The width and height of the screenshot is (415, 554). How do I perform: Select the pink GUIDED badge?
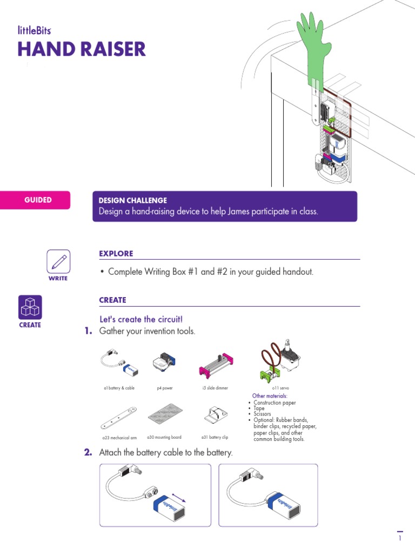pyautogui.click(x=38, y=200)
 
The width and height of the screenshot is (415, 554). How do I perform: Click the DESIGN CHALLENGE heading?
pyautogui.click(x=132, y=200)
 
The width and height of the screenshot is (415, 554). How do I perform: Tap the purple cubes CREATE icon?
pyautogui.click(x=30, y=308)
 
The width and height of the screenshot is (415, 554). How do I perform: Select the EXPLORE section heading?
pyautogui.click(x=116, y=254)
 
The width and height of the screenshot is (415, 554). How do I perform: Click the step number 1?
pyautogui.click(x=88, y=331)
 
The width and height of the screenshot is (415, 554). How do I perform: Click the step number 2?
pyautogui.click(x=88, y=452)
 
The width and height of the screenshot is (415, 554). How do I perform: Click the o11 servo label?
pyautogui.click(x=282, y=388)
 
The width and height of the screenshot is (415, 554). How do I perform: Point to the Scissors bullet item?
pyautogui.click(x=265, y=414)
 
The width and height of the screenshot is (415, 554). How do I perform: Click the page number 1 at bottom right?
pyautogui.click(x=400, y=539)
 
